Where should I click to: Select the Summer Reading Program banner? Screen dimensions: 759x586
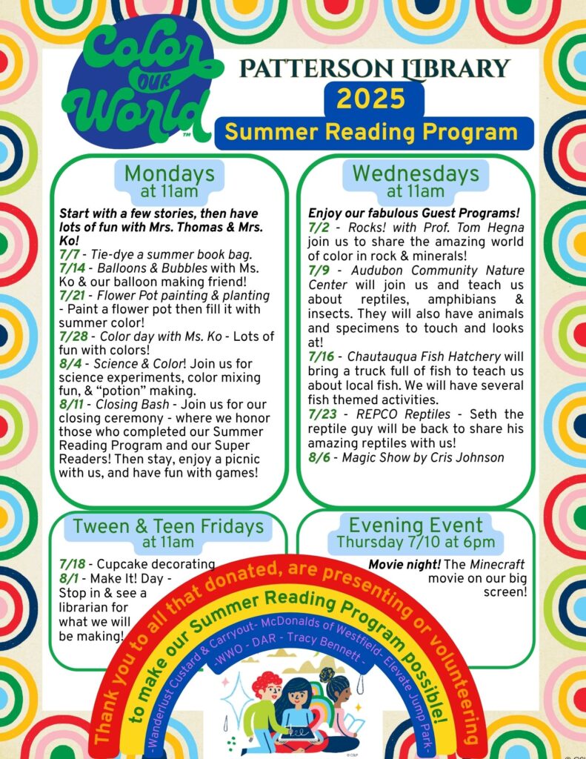click(x=371, y=132)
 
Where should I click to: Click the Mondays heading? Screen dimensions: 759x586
click(x=169, y=174)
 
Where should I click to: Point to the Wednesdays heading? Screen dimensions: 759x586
click(x=415, y=174)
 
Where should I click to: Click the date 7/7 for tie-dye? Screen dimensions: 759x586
click(x=70, y=254)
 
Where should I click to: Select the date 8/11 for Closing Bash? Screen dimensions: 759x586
click(x=74, y=405)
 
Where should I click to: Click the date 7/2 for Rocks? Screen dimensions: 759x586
click(x=319, y=228)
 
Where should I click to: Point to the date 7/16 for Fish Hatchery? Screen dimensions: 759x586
click(x=323, y=357)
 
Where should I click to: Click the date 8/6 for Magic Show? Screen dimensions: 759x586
click(x=319, y=457)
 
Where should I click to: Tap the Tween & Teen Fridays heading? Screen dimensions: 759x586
click(x=168, y=527)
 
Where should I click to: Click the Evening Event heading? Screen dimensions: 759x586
click(x=415, y=526)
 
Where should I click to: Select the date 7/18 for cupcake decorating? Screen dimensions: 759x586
click(x=72, y=564)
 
